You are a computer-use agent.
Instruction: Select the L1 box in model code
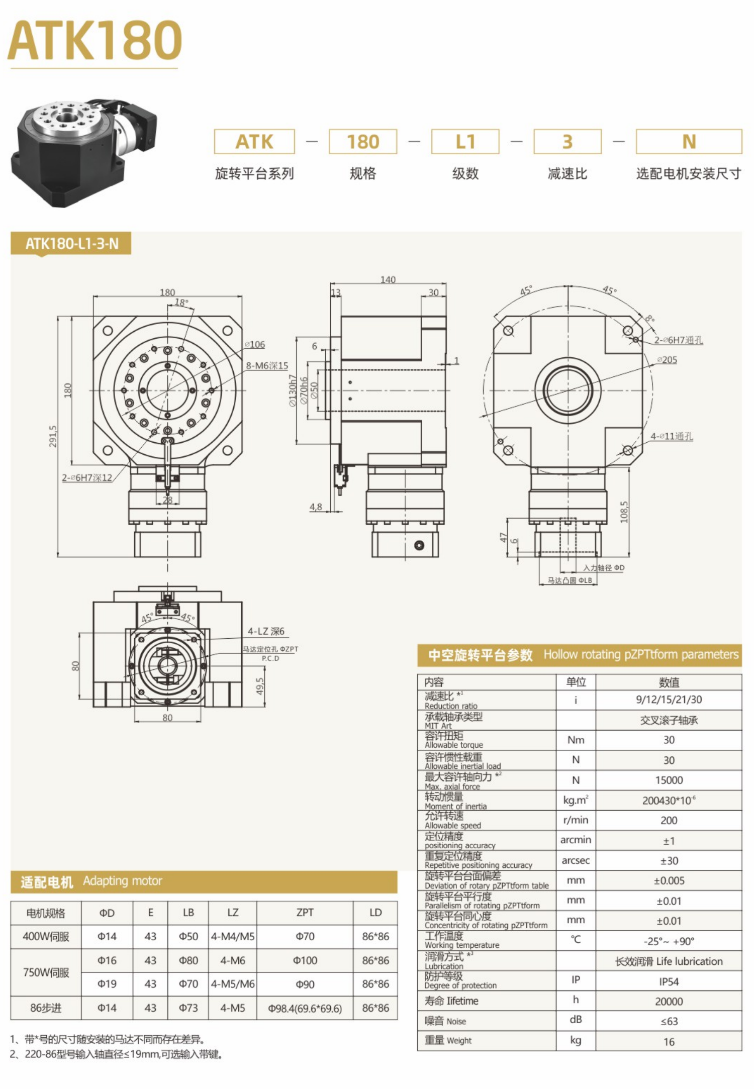(465, 142)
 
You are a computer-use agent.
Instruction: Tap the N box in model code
(689, 142)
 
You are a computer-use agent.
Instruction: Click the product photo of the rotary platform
(83, 152)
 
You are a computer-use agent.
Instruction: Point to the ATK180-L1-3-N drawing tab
(71, 244)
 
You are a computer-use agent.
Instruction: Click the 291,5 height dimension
(53, 436)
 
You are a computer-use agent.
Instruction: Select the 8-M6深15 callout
(267, 366)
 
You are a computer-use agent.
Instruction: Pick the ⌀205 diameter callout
(667, 360)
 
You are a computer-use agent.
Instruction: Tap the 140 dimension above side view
(388, 279)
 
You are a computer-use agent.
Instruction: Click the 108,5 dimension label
(624, 512)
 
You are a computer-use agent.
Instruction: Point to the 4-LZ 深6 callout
(266, 631)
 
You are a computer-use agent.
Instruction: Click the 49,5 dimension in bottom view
(259, 686)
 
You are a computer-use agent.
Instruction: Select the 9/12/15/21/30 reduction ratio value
(669, 700)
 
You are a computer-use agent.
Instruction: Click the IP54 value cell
(669, 981)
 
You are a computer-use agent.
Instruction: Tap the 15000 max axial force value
(669, 780)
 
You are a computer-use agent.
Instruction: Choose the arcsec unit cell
(576, 860)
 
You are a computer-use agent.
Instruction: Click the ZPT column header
(305, 913)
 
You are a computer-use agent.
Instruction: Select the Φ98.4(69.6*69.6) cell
(305, 1008)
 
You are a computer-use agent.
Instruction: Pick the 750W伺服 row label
(46, 972)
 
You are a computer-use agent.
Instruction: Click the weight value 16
(669, 1042)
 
